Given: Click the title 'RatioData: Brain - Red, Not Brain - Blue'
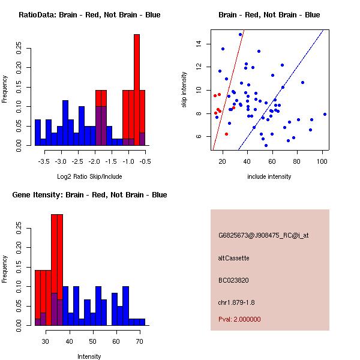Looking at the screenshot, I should [89, 14].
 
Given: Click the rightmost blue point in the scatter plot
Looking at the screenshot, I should [325, 114].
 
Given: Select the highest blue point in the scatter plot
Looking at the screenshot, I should [240, 34].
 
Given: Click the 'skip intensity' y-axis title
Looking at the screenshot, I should [185, 90].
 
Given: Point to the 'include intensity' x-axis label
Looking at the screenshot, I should [269, 176].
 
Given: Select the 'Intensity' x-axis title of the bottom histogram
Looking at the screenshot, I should [89, 356].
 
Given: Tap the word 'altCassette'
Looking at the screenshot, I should [233, 258].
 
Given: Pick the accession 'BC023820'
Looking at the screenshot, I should [233, 280].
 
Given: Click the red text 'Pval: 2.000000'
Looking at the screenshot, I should [239, 319].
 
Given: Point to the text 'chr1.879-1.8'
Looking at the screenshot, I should [236, 302].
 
